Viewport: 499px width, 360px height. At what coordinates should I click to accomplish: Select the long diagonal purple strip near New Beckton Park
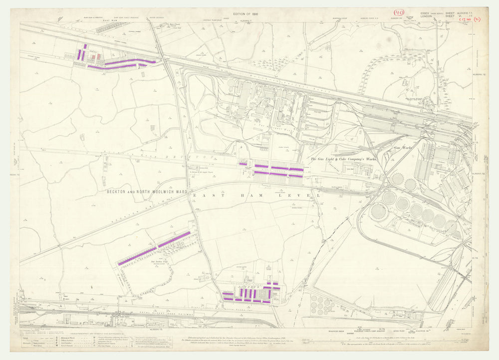coord(155,248)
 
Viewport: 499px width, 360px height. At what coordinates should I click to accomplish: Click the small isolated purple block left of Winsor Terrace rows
coord(243,163)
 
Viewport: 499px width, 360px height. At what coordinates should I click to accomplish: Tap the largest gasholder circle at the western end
coord(379,211)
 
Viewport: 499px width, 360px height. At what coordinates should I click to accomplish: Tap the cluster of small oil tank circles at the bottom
coord(319,303)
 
